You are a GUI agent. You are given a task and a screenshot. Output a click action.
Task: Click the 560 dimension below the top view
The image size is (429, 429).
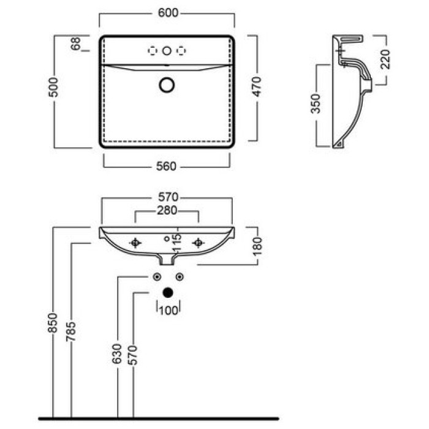(x=166, y=166)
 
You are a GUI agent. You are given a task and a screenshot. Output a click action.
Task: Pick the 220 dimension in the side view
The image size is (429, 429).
(x=385, y=60)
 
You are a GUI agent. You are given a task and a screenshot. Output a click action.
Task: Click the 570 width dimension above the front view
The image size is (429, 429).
(x=166, y=197)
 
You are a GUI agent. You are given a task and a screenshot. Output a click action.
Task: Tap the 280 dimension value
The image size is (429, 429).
(x=166, y=211)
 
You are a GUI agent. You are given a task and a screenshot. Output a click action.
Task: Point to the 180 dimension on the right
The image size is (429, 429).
(x=257, y=245)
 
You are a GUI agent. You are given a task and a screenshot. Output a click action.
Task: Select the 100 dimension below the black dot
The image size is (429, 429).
(x=169, y=310)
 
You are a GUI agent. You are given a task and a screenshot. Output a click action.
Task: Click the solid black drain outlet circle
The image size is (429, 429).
(x=168, y=293)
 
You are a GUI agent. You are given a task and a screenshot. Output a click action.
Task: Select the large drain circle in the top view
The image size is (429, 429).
(x=166, y=85)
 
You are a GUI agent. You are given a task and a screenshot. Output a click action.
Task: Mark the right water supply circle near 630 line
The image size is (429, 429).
(x=180, y=276)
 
